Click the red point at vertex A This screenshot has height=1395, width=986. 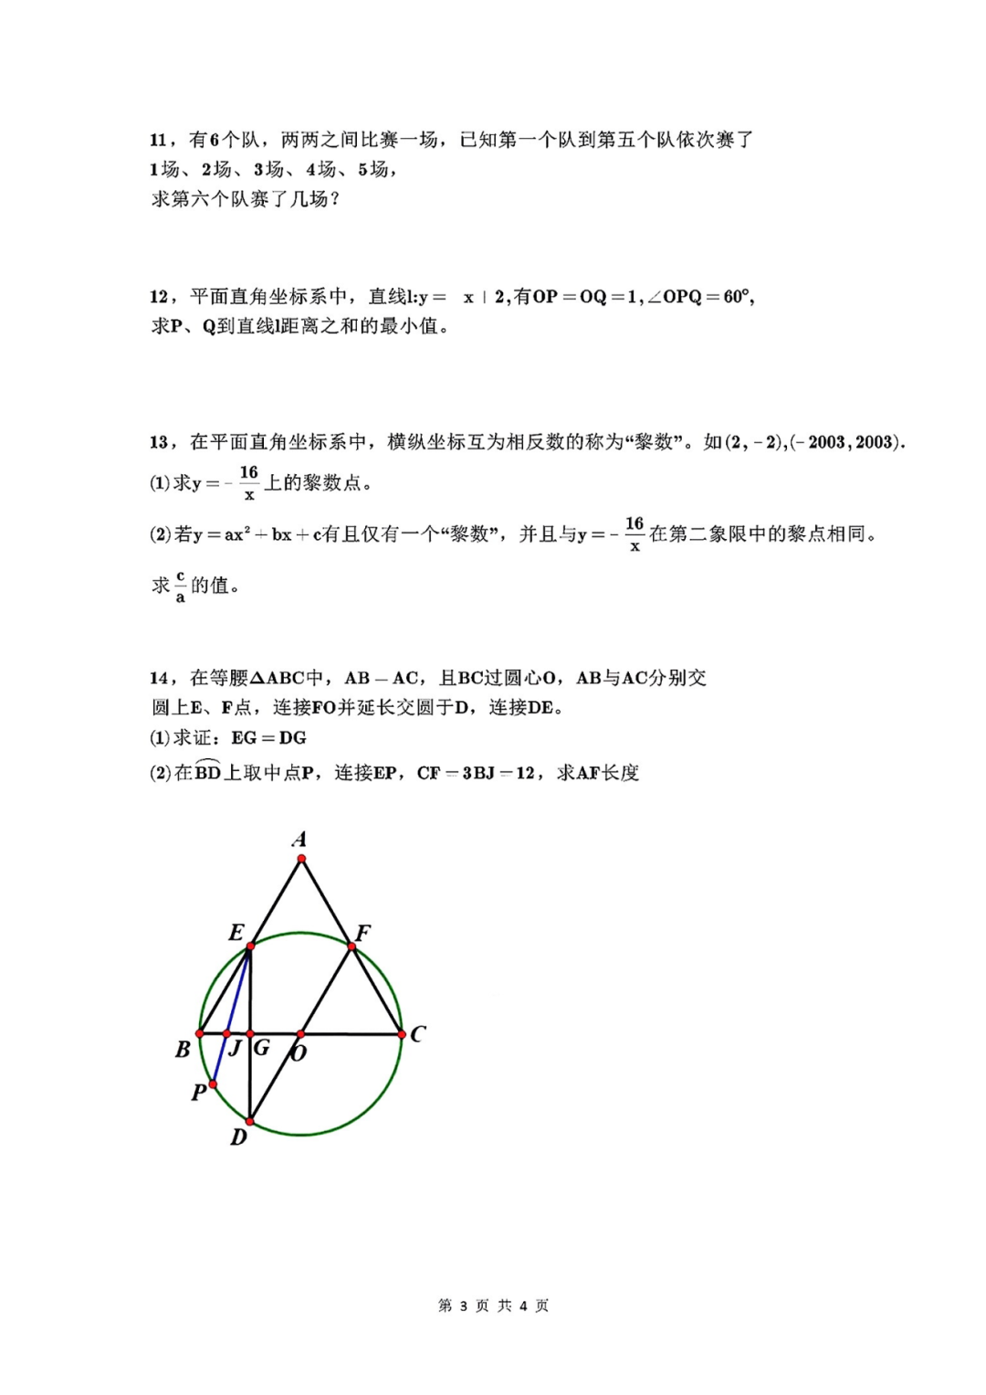point(301,859)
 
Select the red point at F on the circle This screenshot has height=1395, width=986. point(351,947)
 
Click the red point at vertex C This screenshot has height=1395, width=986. point(402,1034)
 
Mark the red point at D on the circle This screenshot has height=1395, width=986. point(250,1121)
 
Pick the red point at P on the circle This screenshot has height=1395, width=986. point(213,1084)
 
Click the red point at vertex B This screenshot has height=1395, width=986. point(200,1034)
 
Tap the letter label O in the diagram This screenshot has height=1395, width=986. point(299,1053)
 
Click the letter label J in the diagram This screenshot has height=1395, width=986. point(236,1048)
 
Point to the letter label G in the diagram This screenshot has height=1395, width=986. point(262,1048)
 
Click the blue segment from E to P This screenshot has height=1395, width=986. point(232,1014)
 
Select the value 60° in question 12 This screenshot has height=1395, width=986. point(737,297)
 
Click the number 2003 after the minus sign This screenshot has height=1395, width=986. point(826,443)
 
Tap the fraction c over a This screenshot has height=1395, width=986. point(180,586)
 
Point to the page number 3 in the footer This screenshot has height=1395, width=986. point(464,1306)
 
